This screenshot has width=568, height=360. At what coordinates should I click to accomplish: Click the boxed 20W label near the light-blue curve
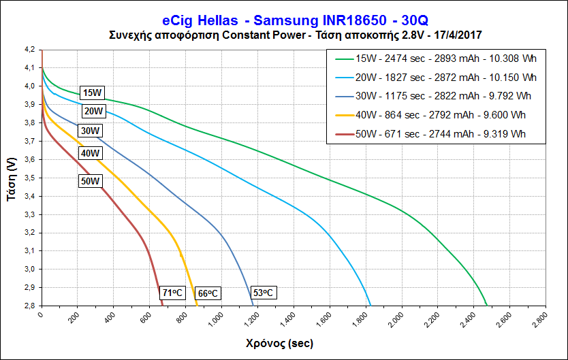[93, 111]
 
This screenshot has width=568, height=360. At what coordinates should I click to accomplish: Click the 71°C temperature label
[172, 293]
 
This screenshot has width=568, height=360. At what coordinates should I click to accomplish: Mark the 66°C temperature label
[208, 293]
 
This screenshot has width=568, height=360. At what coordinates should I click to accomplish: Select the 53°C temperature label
[264, 293]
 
